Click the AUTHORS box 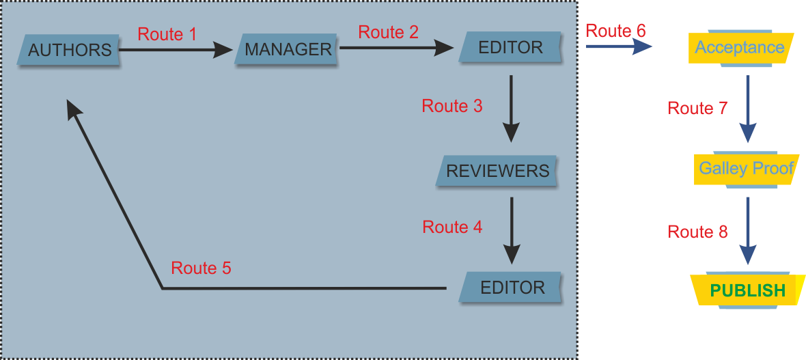tap(70, 50)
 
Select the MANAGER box tap(288, 49)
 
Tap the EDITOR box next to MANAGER tap(510, 47)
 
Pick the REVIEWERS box tap(497, 170)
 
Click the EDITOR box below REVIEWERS tap(512, 288)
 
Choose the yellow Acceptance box tap(740, 48)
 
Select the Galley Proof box tap(746, 169)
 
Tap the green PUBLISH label tap(748, 290)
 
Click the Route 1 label tap(167, 34)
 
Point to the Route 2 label tap(388, 32)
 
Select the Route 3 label tap(452, 106)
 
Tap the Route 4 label tap(452, 227)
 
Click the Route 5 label tap(201, 268)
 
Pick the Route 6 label tap(615, 31)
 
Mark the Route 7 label tap(697, 108)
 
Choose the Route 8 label tap(697, 232)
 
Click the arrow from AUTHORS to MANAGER tap(176, 50)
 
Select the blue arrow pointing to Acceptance tap(618, 46)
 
